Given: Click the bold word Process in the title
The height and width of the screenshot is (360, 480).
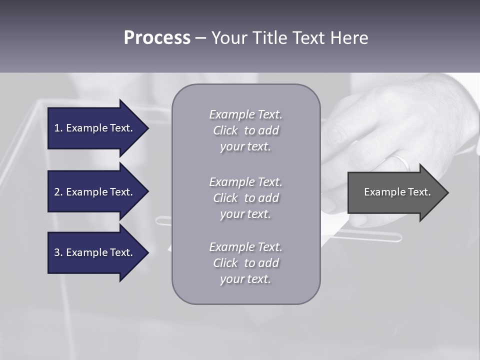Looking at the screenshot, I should click(x=157, y=38).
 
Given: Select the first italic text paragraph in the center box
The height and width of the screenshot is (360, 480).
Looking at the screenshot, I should click(x=245, y=130).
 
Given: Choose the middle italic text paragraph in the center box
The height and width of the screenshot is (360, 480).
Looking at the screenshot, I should click(x=245, y=198).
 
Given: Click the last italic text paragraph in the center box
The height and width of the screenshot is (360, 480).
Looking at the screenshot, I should click(x=245, y=263).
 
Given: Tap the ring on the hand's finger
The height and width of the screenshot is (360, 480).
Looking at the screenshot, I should click(x=400, y=161).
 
